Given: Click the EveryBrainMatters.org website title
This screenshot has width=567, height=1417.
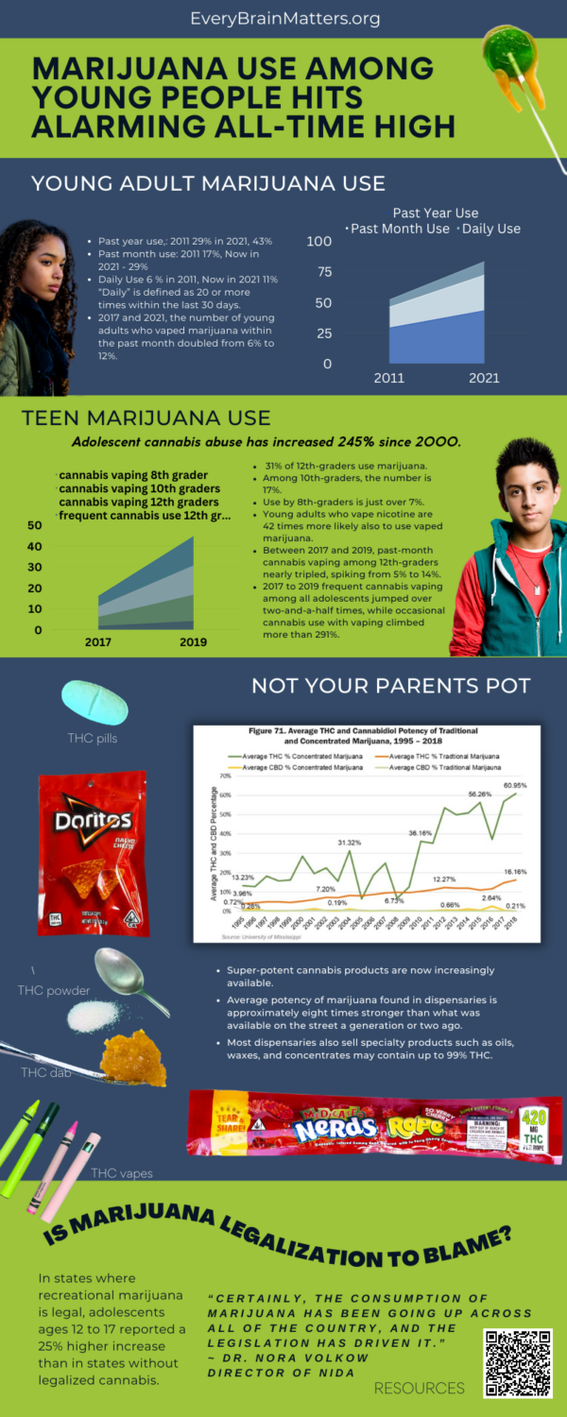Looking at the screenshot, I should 284,18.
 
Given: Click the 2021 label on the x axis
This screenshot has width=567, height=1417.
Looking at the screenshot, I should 482,379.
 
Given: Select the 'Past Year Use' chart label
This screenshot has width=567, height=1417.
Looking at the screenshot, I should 436,213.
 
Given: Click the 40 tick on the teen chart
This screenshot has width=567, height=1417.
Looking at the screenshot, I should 34,546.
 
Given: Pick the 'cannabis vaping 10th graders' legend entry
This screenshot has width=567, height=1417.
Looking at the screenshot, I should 139,488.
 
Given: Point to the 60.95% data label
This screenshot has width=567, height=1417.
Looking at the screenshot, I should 515,786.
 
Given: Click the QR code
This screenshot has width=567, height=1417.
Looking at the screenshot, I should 517,1362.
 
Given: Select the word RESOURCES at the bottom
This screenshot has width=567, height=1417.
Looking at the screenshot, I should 420,1388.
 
